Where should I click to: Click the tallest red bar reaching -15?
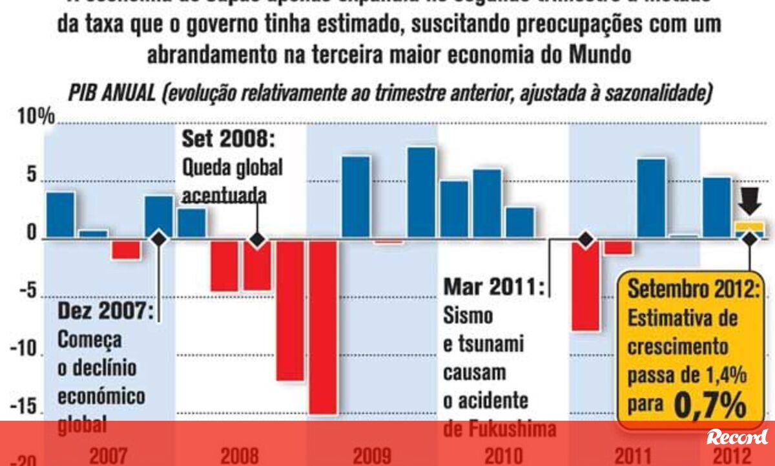click(322, 326)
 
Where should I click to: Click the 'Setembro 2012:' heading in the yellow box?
click(694, 289)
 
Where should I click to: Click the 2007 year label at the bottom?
click(108, 456)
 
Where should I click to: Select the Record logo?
click(737, 438)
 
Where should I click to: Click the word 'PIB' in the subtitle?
click(86, 94)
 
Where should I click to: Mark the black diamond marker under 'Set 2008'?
click(257, 240)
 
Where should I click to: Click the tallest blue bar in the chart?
click(422, 193)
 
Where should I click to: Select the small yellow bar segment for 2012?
click(749, 226)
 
